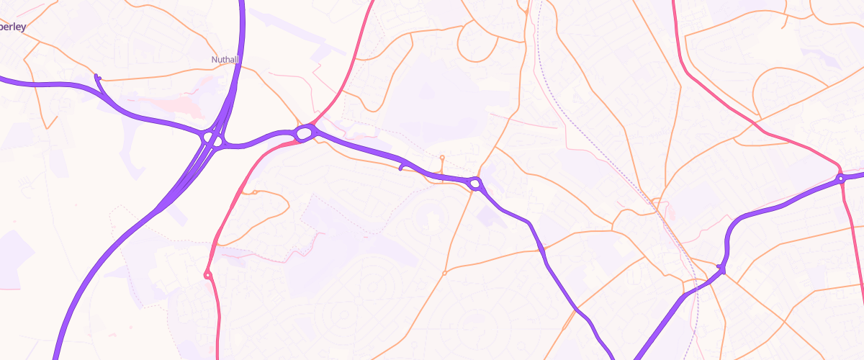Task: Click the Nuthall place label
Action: tap(225, 59)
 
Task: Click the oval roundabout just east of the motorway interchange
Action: tap(304, 132)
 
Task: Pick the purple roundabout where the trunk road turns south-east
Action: tap(475, 184)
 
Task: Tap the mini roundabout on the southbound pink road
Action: tap(207, 274)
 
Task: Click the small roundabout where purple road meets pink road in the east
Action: tap(840, 179)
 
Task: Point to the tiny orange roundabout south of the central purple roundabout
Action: tap(444, 273)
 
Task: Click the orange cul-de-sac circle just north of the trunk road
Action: tap(442, 157)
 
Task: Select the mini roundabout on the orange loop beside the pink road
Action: tap(253, 192)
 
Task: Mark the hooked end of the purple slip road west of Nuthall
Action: tap(97, 77)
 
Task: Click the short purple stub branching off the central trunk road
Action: tap(402, 167)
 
